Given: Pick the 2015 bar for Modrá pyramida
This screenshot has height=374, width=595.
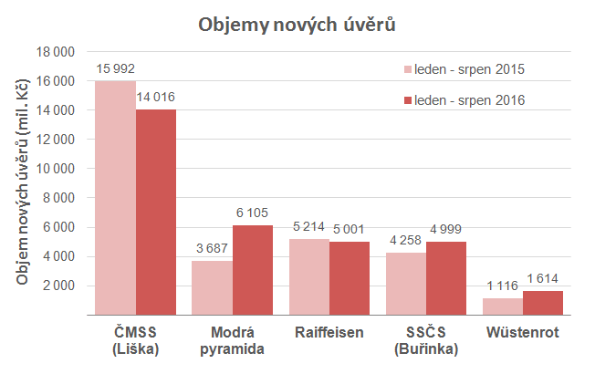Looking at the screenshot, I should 213,287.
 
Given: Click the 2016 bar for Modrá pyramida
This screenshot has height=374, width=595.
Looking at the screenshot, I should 253,270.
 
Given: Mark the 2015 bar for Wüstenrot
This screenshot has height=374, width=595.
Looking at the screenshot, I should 503,306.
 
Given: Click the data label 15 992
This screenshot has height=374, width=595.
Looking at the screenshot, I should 116,68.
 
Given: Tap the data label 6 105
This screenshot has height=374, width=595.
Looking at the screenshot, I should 254,213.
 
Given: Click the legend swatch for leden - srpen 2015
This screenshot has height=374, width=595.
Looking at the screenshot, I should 406,69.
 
